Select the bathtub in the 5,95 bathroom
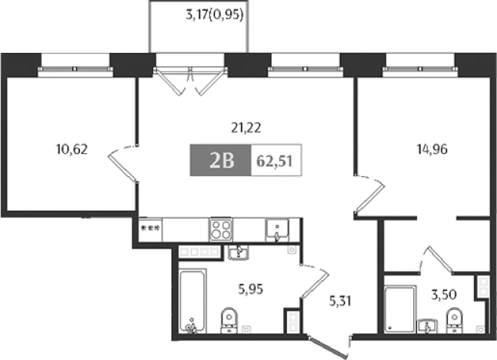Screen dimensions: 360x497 coord(192,300)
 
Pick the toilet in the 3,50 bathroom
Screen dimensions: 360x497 coord(454,317)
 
